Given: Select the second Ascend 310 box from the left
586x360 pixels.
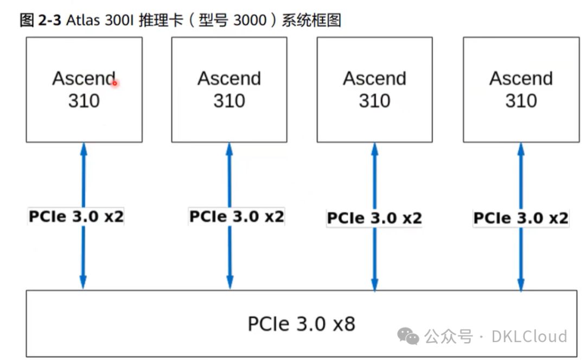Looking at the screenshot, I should [x=229, y=90].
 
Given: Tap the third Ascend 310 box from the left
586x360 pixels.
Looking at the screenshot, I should [x=374, y=90].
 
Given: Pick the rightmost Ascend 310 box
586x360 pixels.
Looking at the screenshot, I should [x=521, y=90].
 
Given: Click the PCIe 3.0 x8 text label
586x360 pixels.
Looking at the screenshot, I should [x=301, y=324].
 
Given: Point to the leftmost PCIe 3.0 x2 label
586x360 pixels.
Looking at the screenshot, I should [x=76, y=217].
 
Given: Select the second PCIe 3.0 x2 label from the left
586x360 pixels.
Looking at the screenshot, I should [x=237, y=216].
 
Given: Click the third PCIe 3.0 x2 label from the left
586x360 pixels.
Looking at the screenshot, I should [x=374, y=218].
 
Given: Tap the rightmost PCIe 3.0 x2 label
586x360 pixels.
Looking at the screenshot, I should [x=521, y=218].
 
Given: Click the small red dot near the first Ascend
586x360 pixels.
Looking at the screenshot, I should [x=114, y=83].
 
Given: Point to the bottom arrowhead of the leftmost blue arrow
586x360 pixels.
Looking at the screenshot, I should [x=83, y=282].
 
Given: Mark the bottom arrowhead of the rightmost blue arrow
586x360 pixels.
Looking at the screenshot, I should [x=521, y=283].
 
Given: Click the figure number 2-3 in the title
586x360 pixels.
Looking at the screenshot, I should [x=48, y=21].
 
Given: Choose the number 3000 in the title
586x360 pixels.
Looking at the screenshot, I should [x=251, y=21].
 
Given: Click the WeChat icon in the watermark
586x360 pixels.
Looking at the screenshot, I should [x=408, y=336].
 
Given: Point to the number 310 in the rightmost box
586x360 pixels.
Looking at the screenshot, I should [x=521, y=100].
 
